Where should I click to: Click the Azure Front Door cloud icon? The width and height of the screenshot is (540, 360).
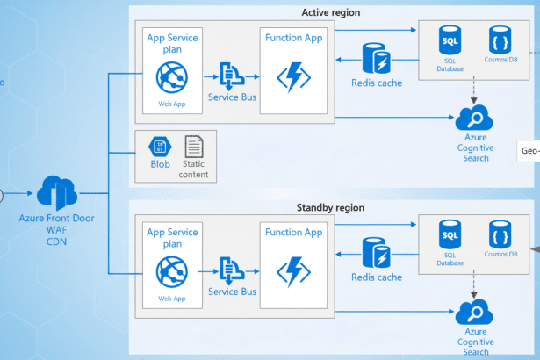(57, 192)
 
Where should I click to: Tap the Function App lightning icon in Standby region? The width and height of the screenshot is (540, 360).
(293, 271)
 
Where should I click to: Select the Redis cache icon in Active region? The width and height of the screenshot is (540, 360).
(376, 60)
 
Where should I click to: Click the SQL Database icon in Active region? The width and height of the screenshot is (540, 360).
(450, 41)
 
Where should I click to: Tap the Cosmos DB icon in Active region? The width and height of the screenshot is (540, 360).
(500, 41)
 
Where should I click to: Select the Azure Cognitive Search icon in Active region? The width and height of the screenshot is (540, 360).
(475, 118)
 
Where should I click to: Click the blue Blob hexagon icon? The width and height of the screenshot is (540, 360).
(159, 147)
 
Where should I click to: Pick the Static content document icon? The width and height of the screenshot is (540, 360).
(194, 147)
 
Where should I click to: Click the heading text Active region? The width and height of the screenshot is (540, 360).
(331, 12)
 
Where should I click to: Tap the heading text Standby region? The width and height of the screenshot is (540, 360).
(331, 208)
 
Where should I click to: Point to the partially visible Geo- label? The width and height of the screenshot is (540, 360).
(529, 150)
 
